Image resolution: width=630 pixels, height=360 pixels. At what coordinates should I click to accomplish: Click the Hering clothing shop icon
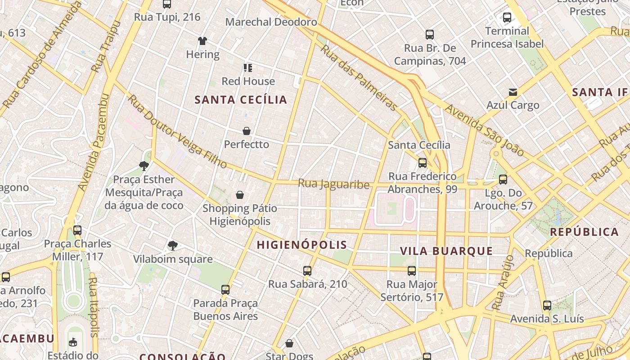[x=202, y=41]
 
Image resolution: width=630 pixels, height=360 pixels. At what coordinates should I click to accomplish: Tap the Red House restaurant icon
[x=248, y=68]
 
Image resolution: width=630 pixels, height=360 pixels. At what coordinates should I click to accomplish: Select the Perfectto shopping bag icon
[x=247, y=131]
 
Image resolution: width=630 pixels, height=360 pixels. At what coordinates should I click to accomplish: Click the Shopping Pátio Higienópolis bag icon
[x=240, y=195]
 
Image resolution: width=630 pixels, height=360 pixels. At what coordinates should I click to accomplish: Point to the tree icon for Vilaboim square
[x=172, y=246]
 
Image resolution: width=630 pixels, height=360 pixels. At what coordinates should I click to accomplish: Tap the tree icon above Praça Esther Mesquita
[x=144, y=166]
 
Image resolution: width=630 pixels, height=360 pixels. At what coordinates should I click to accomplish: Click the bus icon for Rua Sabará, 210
[x=307, y=271]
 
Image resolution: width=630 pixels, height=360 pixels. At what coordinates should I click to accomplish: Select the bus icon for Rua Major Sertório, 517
[x=412, y=271]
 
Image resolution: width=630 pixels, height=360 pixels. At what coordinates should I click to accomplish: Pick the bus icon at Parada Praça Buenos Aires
[x=225, y=290]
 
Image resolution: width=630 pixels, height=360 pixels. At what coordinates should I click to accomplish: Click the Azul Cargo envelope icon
[x=513, y=92]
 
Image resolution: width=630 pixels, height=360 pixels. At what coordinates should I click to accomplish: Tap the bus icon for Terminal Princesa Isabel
[x=507, y=18]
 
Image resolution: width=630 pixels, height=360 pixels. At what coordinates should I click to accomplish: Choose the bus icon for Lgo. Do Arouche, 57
[x=503, y=180]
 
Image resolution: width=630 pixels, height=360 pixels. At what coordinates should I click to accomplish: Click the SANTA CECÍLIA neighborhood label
[x=241, y=100]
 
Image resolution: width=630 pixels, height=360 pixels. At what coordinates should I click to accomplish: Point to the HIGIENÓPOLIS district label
[x=302, y=245]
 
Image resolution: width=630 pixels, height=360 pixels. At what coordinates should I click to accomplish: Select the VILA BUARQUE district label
[x=446, y=251]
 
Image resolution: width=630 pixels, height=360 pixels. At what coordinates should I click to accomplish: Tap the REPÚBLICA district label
[x=585, y=232]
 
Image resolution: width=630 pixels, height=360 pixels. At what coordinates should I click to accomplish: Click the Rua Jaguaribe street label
[x=333, y=184]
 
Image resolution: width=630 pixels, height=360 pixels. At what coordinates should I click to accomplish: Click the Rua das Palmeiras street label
[x=359, y=77]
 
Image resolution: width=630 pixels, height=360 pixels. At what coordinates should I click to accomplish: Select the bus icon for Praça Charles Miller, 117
[x=77, y=230]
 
